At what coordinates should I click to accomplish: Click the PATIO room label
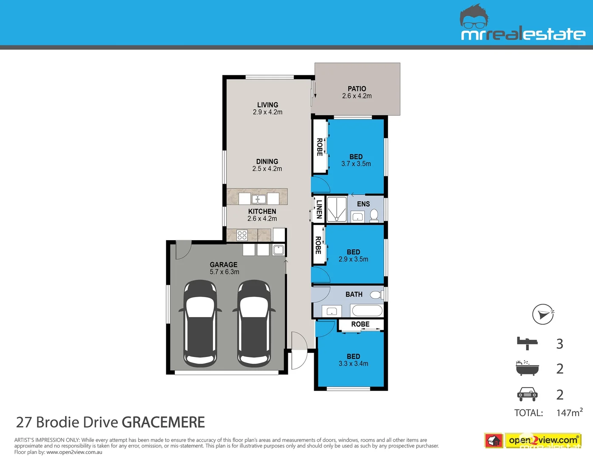[357, 89]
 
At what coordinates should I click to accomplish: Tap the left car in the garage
[200, 323]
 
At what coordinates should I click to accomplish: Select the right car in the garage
[254, 323]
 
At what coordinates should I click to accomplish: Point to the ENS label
[363, 204]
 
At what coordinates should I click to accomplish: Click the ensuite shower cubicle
[337, 209]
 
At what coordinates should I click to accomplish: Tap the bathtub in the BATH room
[367, 311]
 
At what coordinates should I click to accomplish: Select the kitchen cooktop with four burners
[242, 235]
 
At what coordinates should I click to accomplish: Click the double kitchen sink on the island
[258, 199]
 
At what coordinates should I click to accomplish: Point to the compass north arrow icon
[543, 314]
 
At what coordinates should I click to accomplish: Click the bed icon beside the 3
[527, 343]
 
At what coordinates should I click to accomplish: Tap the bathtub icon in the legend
[527, 368]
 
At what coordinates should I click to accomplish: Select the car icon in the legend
[527, 394]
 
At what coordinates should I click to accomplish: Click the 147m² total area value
[569, 413]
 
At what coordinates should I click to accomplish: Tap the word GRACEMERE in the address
[163, 422]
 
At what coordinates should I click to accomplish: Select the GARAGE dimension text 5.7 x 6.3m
[224, 272]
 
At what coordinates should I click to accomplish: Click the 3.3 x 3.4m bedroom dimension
[353, 364]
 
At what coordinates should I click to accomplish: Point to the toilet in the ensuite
[374, 215]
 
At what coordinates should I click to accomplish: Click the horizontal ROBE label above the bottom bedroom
[360, 324]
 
